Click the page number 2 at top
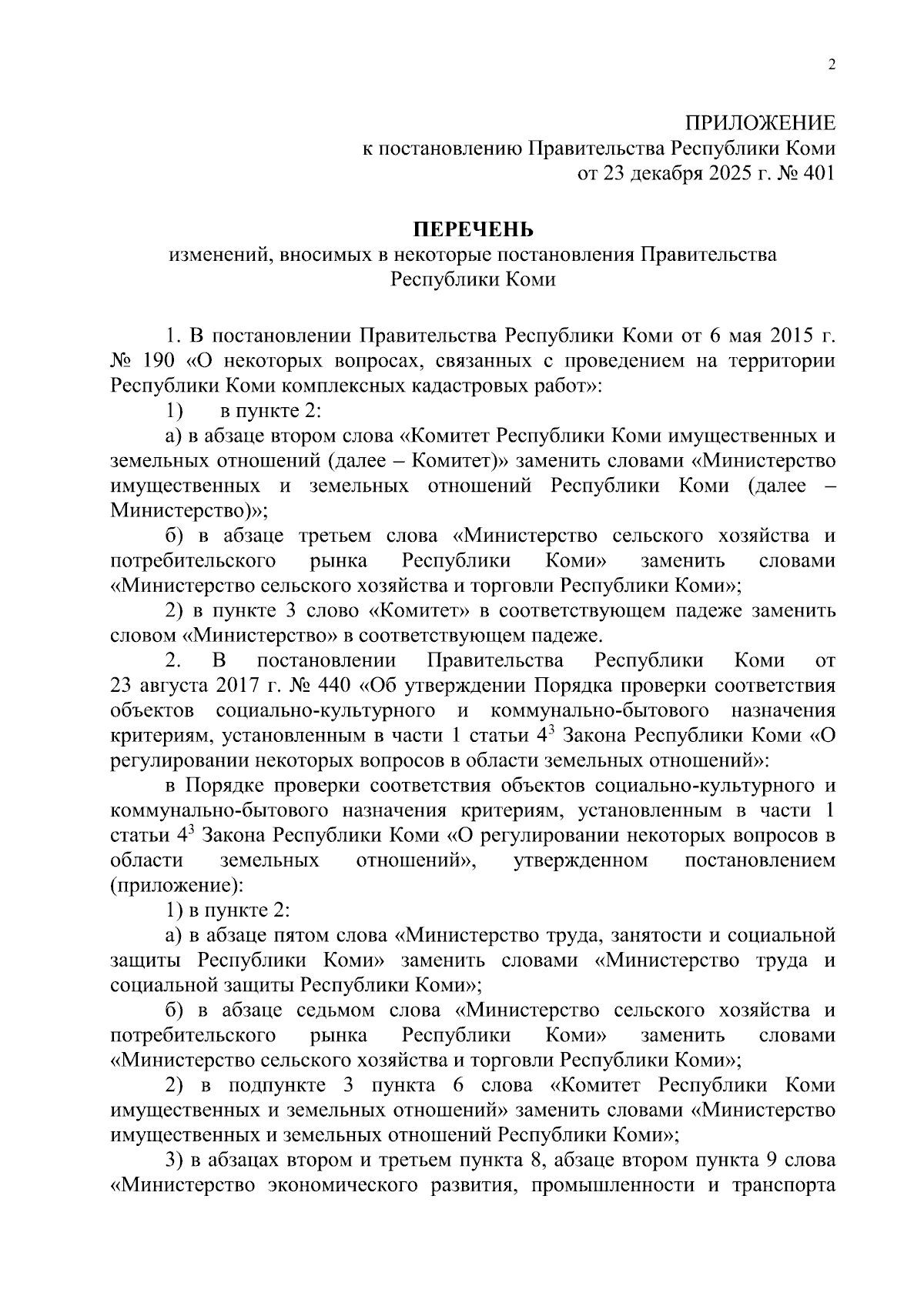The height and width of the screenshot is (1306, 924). pyautogui.click(x=831, y=65)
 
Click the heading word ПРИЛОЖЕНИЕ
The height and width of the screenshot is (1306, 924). pyautogui.click(x=760, y=123)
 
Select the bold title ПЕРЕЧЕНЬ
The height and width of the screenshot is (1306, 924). pyautogui.click(x=473, y=230)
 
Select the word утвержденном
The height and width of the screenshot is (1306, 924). pyautogui.click(x=580, y=860)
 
